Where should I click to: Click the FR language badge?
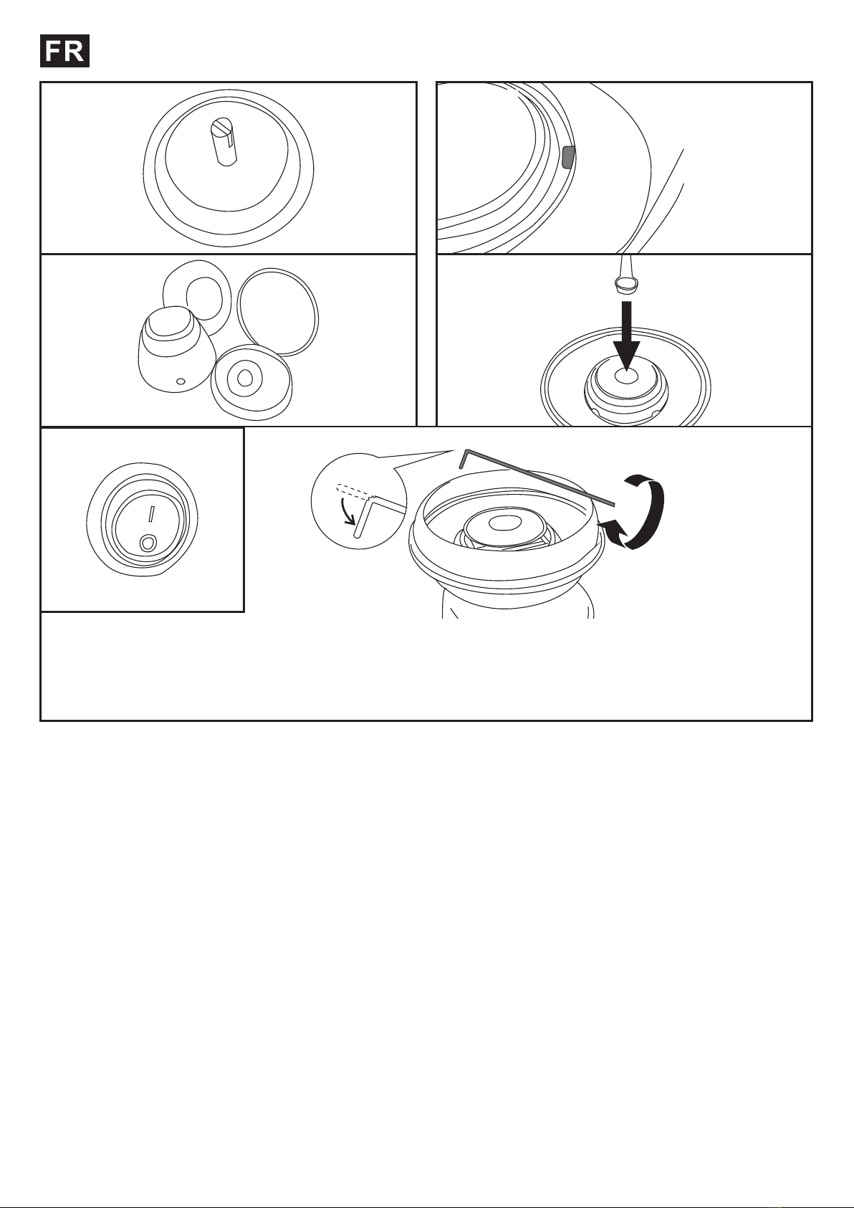click(64, 51)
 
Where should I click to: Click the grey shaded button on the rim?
click(568, 156)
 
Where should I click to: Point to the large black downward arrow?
click(627, 336)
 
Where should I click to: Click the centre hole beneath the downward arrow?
click(625, 376)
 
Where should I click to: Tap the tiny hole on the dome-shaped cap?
click(181, 382)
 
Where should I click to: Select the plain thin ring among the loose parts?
click(277, 312)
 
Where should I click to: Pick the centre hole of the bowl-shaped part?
click(244, 379)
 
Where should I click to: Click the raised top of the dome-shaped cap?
click(168, 323)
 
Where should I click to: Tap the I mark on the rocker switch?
click(152, 513)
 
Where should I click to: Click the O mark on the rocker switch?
click(148, 543)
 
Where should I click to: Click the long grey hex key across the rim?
click(539, 477)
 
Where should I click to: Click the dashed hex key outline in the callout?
click(354, 490)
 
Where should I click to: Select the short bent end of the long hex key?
click(464, 458)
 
